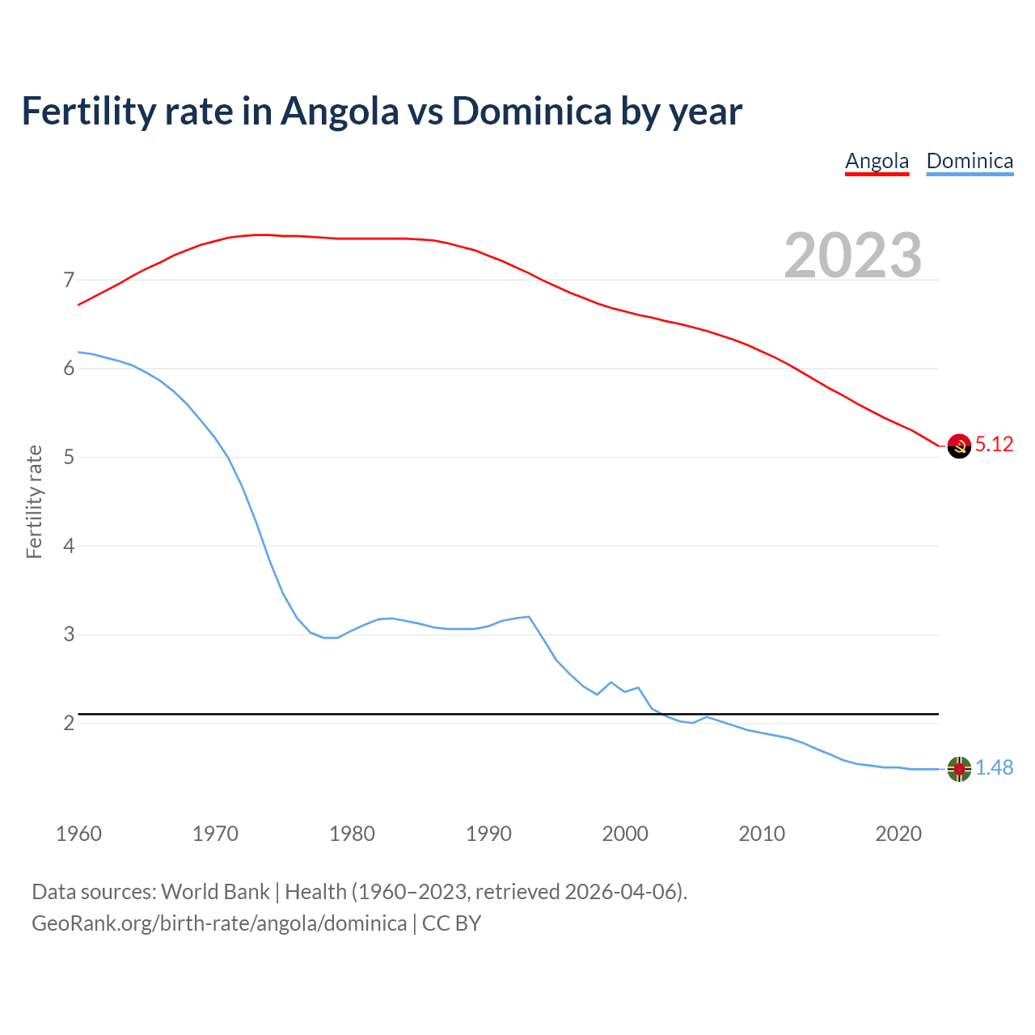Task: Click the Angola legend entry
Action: (877, 161)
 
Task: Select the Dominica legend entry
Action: (970, 161)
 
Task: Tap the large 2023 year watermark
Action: (852, 256)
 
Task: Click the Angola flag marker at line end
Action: (959, 446)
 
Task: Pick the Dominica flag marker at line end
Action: (959, 769)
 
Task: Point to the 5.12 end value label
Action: (994, 444)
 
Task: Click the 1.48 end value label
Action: (994, 767)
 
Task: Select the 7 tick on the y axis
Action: (69, 281)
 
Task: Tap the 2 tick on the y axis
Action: (69, 723)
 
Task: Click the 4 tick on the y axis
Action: (69, 546)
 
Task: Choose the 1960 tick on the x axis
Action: (78, 834)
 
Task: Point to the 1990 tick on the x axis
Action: (488, 834)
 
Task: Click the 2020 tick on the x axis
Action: (898, 834)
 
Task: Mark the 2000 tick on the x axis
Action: (625, 834)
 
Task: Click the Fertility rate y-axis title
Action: (34, 501)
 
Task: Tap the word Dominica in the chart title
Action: (531, 111)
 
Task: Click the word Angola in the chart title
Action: (340, 111)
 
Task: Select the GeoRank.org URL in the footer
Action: (219, 923)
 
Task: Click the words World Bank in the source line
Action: (215, 892)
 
